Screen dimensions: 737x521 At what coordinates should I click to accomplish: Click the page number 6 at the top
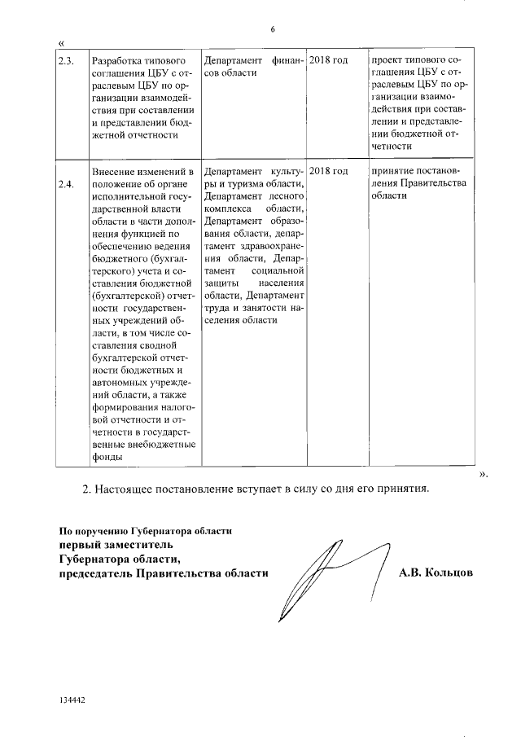(x=273, y=29)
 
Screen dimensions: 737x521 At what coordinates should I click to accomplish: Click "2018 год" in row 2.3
(x=329, y=61)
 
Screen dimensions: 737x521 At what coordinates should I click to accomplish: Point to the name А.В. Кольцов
(x=436, y=573)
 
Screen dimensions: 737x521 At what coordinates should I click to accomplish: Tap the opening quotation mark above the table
(x=62, y=43)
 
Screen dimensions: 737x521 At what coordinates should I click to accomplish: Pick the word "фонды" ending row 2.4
(x=107, y=458)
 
